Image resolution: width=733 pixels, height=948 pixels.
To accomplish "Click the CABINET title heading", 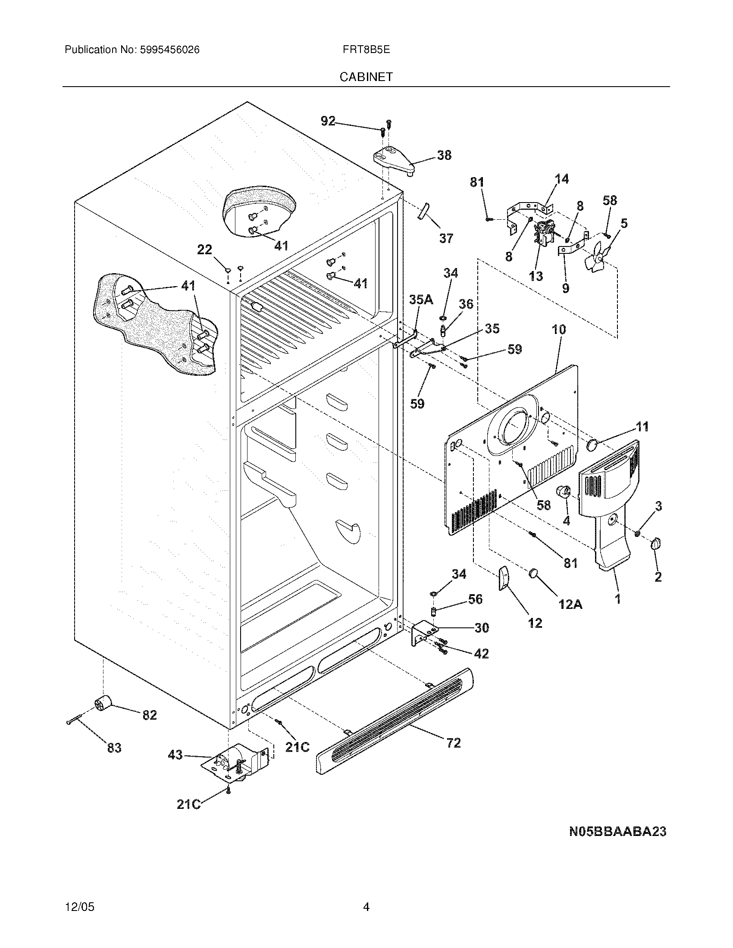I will pos(366,77).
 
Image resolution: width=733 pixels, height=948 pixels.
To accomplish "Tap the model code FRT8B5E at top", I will pos(366,50).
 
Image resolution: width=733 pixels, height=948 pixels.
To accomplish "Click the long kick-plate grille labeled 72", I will pos(395,720).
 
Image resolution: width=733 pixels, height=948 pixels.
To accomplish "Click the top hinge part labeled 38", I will pos(393,162).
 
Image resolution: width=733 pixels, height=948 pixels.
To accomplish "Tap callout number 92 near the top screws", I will pos(328,121).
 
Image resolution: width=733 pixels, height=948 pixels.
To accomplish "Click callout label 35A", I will pos(421,299).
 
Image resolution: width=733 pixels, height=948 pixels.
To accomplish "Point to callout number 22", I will pos(204,249).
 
